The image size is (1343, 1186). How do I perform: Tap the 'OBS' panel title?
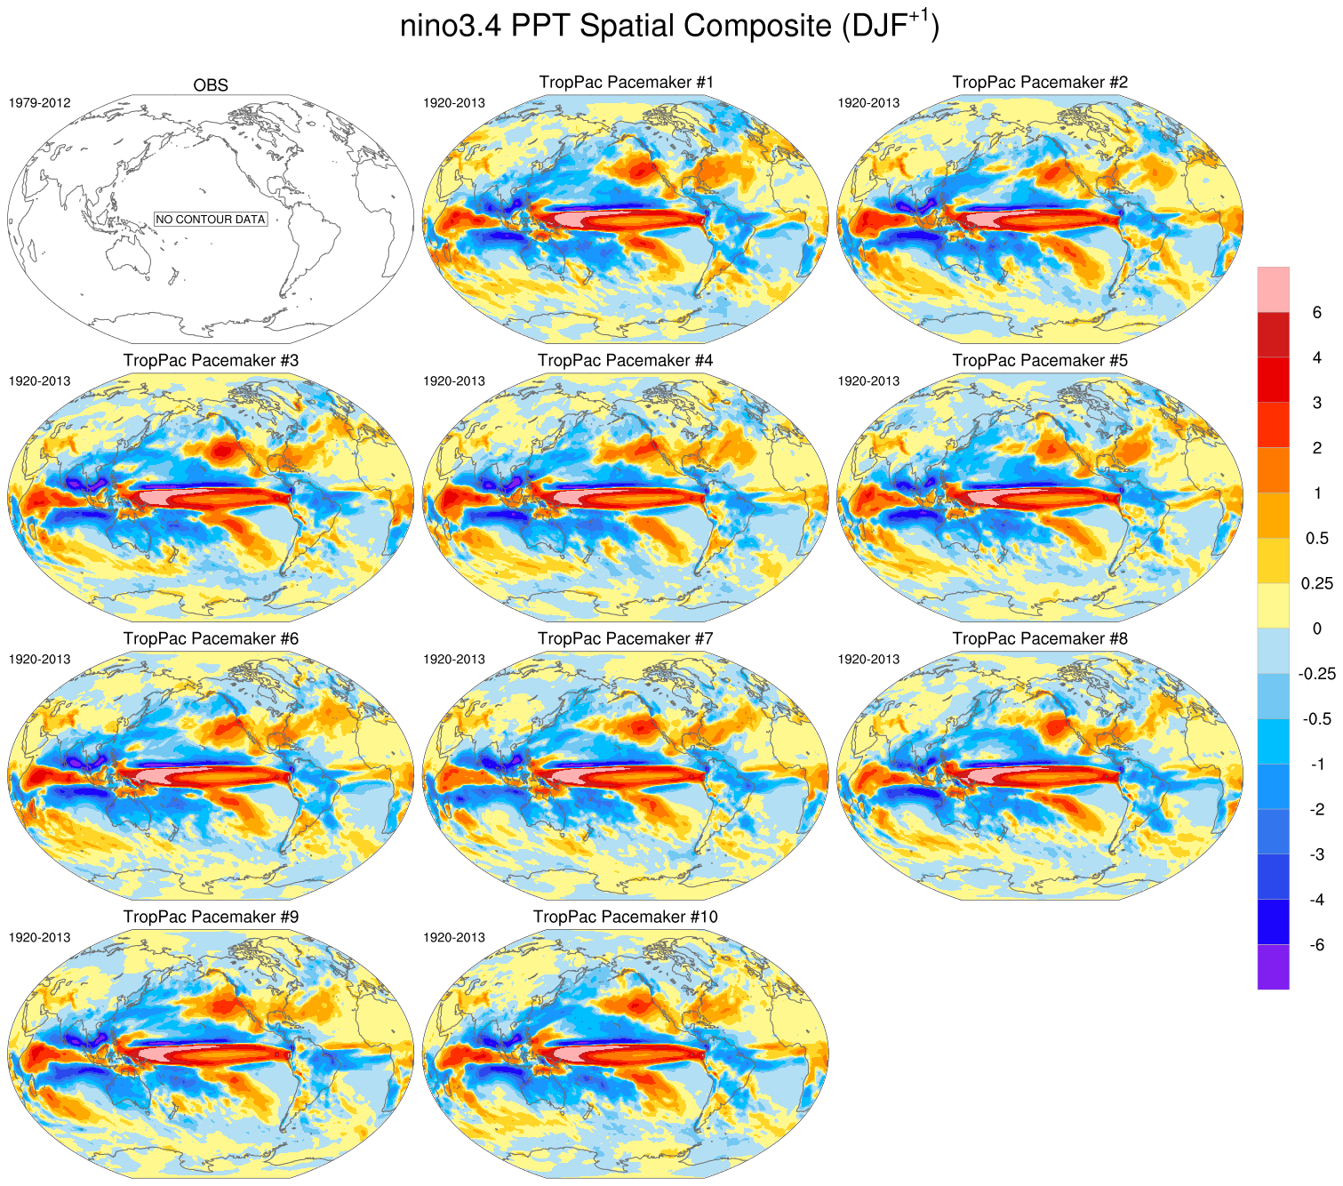[211, 85]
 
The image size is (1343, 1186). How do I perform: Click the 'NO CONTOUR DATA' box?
[211, 219]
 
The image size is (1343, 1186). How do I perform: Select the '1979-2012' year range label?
[39, 103]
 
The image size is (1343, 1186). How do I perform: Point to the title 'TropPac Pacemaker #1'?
[626, 83]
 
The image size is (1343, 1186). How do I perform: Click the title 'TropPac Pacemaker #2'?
[1040, 83]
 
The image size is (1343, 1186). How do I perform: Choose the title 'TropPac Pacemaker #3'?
[211, 361]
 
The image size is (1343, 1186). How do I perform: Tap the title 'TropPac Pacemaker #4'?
[626, 361]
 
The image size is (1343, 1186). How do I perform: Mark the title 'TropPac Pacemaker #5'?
[1040, 361]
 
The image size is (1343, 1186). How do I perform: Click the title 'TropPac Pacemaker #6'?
[211, 639]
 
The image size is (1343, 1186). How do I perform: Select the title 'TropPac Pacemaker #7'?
[626, 639]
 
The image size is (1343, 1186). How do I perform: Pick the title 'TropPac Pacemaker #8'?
[1040, 639]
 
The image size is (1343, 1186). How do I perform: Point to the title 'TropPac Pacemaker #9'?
[211, 918]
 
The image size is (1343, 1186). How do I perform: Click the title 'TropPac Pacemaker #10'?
[626, 918]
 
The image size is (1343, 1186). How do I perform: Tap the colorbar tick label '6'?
[1317, 312]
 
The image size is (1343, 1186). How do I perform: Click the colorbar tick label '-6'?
[1316, 944]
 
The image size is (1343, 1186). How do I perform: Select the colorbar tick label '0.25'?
[1317, 583]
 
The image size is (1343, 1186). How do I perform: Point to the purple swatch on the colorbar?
[1273, 966]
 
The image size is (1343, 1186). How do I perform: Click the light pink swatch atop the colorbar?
[1273, 289]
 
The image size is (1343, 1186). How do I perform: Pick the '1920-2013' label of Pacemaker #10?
[454, 938]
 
